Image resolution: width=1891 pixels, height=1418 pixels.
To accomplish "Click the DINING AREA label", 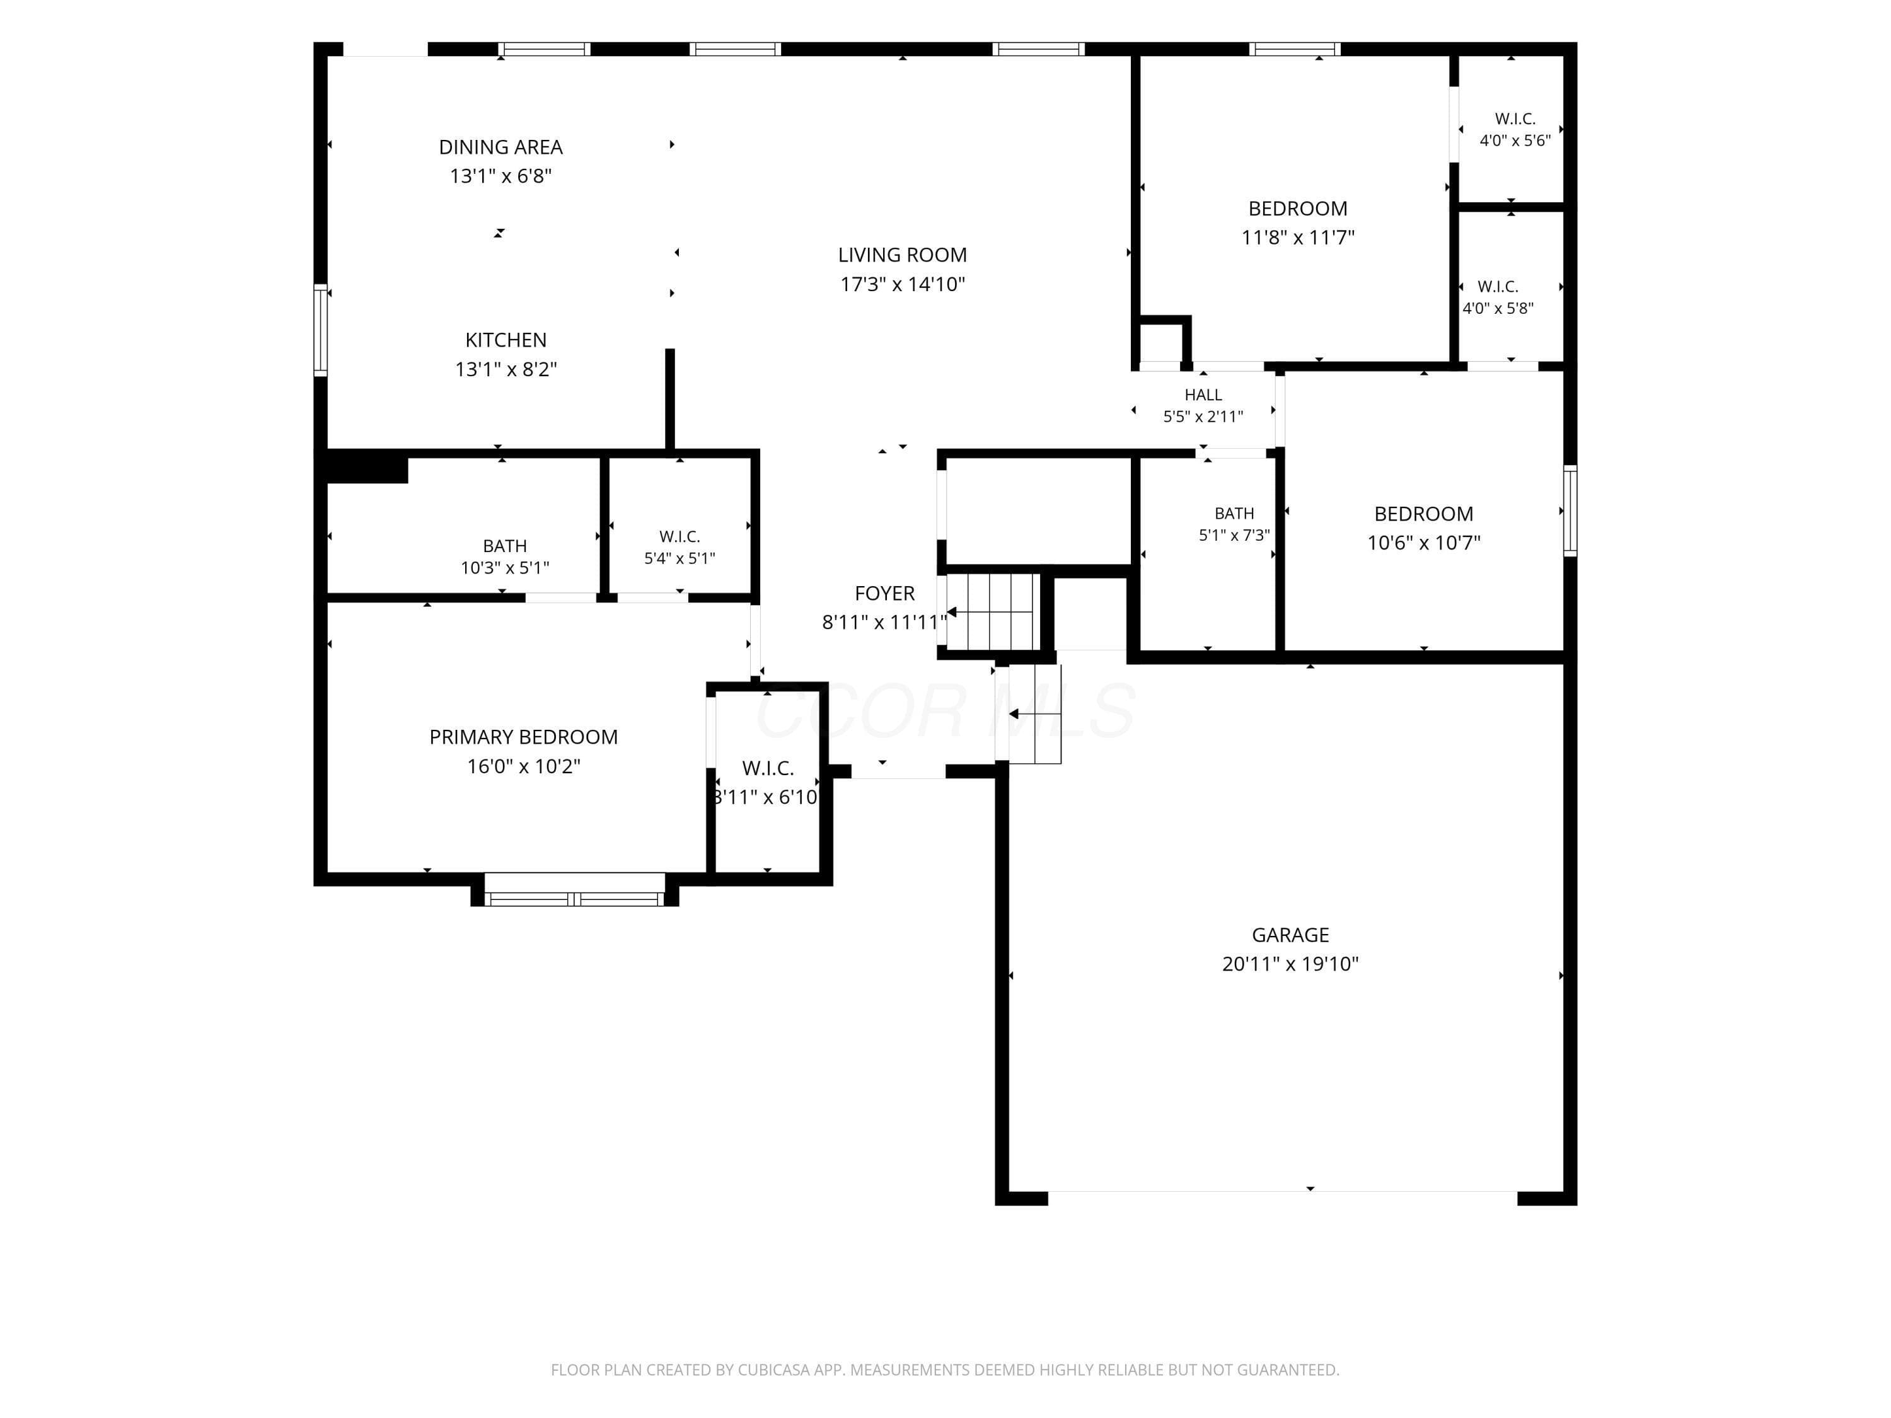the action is (x=501, y=147).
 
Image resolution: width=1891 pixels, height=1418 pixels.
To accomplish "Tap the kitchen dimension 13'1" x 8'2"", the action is (x=506, y=369).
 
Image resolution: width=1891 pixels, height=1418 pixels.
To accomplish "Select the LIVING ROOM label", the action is (x=903, y=255).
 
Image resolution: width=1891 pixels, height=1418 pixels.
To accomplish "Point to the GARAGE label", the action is (x=1290, y=935).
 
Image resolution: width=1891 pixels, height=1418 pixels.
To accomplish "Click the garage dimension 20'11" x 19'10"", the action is (x=1290, y=964).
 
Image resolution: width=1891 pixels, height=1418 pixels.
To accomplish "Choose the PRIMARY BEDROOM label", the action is (x=523, y=737).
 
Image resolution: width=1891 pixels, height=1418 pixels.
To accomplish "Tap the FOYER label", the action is (x=885, y=593).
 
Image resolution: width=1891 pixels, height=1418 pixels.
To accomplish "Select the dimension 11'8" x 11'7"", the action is (x=1298, y=237).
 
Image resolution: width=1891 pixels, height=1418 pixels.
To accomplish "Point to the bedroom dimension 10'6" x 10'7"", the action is (x=1423, y=542).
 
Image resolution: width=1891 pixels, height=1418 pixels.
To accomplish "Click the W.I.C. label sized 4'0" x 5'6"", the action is (x=1515, y=119).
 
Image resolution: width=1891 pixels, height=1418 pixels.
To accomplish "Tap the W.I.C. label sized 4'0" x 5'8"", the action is (x=1498, y=286).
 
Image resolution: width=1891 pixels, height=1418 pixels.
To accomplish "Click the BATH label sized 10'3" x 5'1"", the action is (x=504, y=545).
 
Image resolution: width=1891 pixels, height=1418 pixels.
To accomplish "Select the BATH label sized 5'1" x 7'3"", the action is (x=1234, y=513).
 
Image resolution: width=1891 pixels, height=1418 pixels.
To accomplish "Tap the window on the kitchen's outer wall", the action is (x=321, y=330).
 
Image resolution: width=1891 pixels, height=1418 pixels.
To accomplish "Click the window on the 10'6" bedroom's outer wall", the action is (x=1570, y=510).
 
